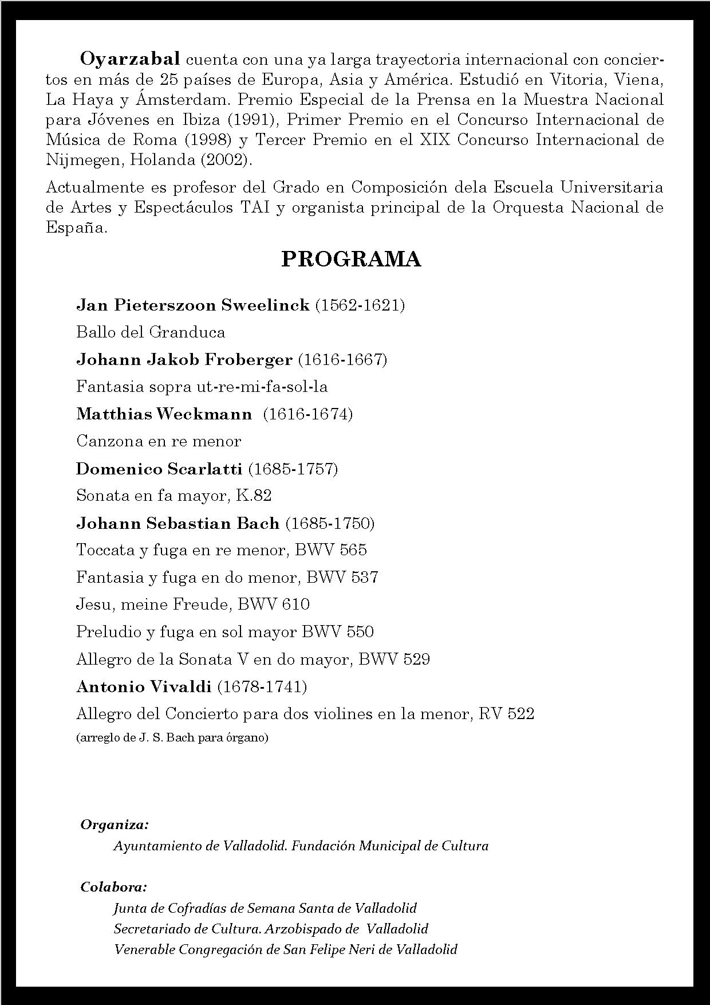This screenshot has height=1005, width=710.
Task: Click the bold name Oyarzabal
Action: tap(130, 59)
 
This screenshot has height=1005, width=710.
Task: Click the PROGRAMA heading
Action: tap(351, 260)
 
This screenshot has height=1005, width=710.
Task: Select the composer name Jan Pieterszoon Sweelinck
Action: tap(193, 305)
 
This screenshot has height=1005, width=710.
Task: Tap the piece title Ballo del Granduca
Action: tap(151, 332)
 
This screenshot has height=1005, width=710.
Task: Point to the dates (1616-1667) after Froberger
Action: tap(342, 360)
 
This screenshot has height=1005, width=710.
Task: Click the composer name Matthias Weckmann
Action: tap(164, 414)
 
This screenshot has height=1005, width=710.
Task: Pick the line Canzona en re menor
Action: tap(159, 441)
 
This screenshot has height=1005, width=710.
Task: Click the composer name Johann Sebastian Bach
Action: tap(178, 523)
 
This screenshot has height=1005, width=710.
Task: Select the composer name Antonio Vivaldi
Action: tap(144, 686)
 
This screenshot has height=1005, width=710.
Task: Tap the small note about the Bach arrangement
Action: tap(172, 737)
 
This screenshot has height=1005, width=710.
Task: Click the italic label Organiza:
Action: tap(115, 825)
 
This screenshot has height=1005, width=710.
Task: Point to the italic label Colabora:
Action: tap(113, 887)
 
